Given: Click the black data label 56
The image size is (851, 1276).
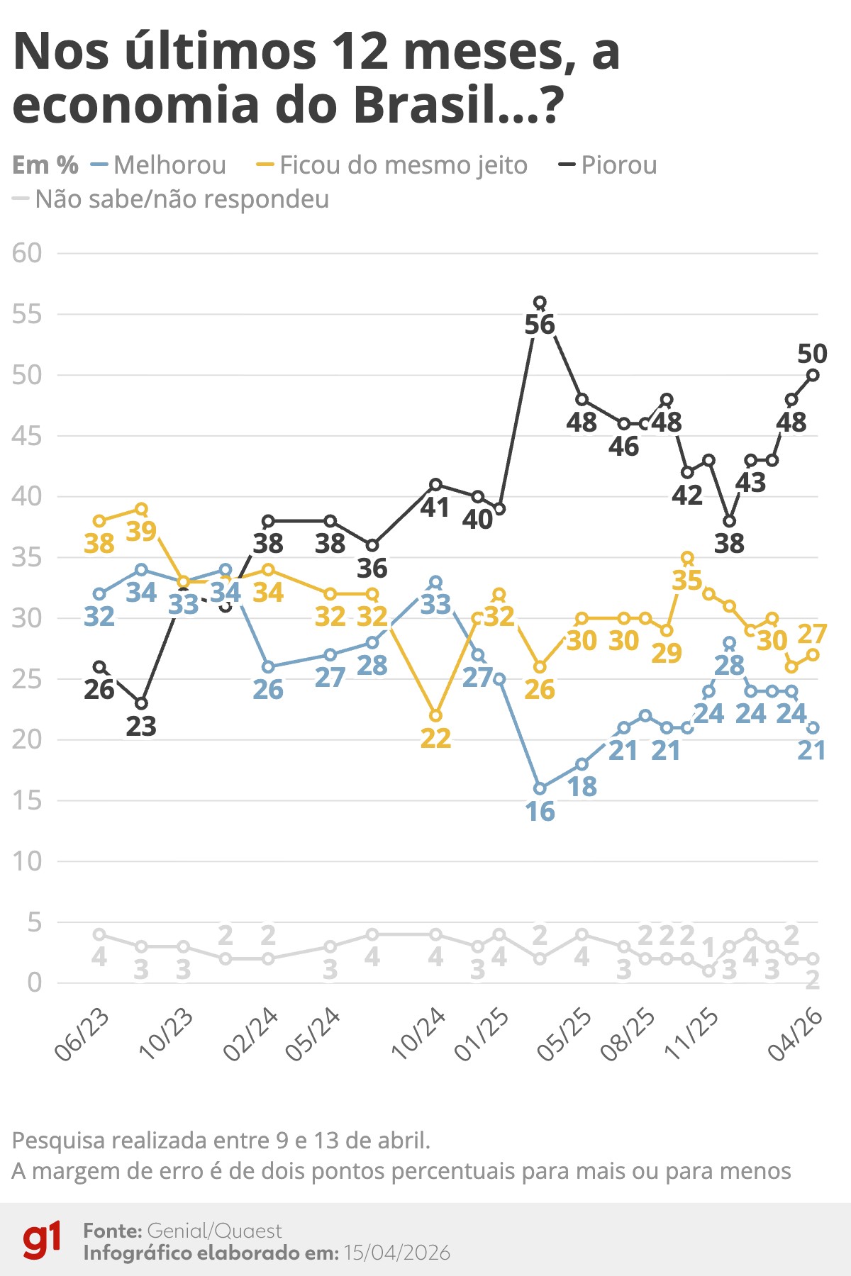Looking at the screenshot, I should pyautogui.click(x=540, y=325).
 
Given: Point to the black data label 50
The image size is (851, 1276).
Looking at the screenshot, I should pyautogui.click(x=812, y=354).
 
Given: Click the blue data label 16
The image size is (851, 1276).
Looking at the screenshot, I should pyautogui.click(x=540, y=812).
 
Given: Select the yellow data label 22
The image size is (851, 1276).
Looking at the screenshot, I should pyautogui.click(x=435, y=739).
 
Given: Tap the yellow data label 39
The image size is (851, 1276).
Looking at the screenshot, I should pyautogui.click(x=141, y=531).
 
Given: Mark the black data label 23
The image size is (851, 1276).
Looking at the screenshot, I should pyautogui.click(x=141, y=727).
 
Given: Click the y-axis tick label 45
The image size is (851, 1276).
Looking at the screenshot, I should pyautogui.click(x=27, y=436).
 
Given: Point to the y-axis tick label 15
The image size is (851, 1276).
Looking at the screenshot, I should pyautogui.click(x=27, y=801).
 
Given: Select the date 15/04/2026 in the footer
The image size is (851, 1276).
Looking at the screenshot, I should pyautogui.click(x=397, y=1253).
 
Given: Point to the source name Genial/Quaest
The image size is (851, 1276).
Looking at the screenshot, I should pyautogui.click(x=214, y=1231).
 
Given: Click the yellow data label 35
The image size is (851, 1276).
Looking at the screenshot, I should pyautogui.click(x=687, y=581).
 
